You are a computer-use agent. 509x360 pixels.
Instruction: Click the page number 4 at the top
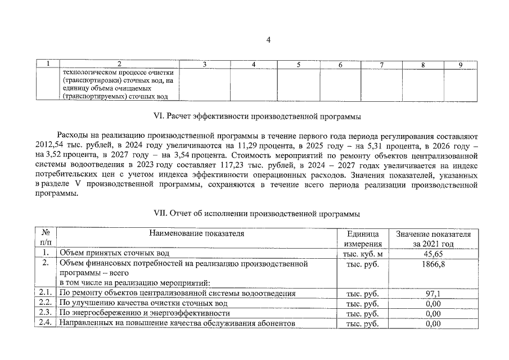tap(269, 39)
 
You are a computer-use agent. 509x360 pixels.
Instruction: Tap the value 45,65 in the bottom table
tap(433, 254)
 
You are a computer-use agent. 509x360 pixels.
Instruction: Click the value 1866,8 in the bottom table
tap(433, 263)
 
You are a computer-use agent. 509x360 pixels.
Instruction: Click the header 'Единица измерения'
tap(363, 238)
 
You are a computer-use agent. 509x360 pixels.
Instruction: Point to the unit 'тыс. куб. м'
tap(363, 254)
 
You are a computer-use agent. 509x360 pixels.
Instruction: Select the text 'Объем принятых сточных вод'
tap(114, 254)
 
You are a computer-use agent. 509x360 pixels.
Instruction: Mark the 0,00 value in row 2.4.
tap(433, 323)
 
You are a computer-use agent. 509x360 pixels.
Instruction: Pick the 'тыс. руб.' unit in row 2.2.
tap(363, 304)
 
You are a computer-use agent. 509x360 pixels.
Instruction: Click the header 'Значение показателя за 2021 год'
tap(433, 238)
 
